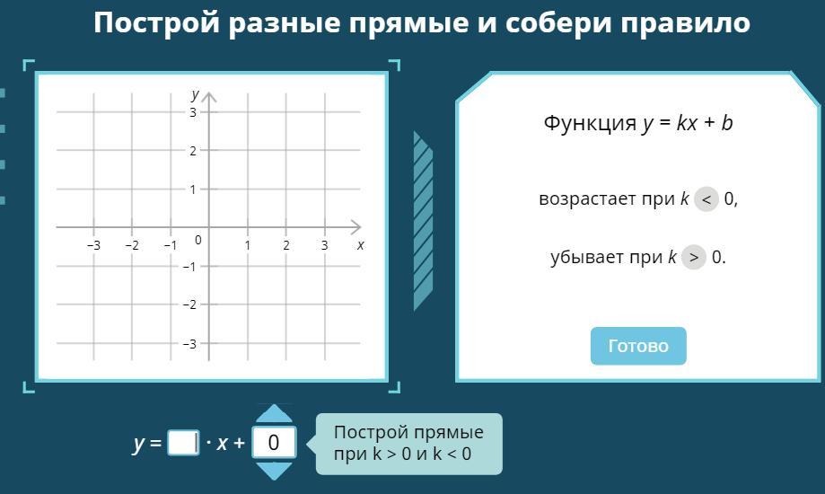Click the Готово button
[x=638, y=346]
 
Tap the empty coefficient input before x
[x=183, y=443]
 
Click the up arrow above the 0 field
[x=274, y=413]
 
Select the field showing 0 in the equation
[x=274, y=443]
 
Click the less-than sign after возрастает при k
[x=707, y=199]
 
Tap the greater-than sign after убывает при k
[x=693, y=258]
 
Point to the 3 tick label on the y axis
[x=193, y=112]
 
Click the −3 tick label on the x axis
[x=93, y=245]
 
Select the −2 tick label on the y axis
[x=189, y=304]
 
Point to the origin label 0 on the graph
[x=197, y=240]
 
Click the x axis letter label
[x=360, y=245]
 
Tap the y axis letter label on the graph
[x=195, y=95]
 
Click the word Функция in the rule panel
[x=590, y=123]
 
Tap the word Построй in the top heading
[x=156, y=22]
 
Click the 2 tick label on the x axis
[x=286, y=245]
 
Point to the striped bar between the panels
[x=423, y=221]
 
